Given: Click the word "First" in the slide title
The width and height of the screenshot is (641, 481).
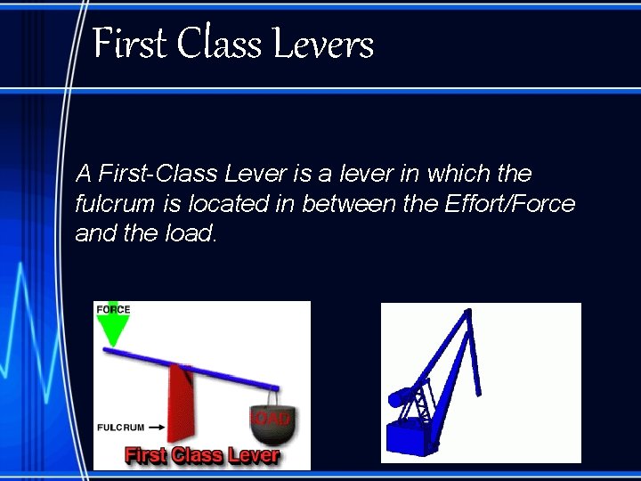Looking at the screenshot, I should click(x=130, y=44).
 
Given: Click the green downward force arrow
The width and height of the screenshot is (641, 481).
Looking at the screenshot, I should click(x=112, y=330).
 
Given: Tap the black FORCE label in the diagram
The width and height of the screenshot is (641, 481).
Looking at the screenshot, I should click(x=113, y=309).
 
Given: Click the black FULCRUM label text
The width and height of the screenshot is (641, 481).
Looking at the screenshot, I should click(x=120, y=428).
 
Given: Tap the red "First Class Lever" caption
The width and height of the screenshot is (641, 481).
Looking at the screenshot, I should click(x=202, y=456).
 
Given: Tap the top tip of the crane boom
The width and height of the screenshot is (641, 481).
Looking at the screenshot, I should click(x=465, y=311).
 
